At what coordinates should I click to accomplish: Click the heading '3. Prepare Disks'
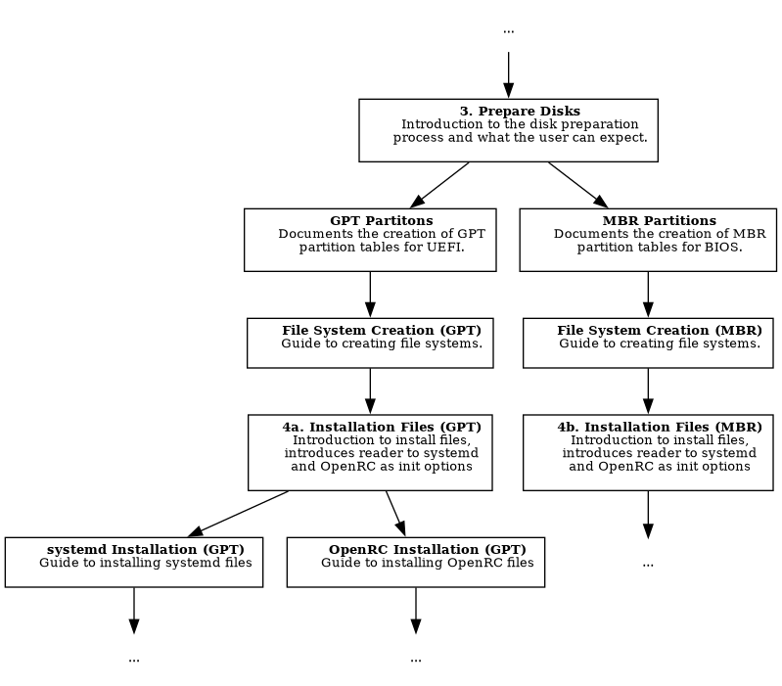point(520,112)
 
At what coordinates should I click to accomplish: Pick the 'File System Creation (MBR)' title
point(660,331)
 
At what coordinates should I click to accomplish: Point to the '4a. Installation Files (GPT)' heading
point(382,428)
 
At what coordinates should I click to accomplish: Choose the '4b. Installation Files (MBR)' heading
point(660,428)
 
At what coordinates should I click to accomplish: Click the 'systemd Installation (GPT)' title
point(146,550)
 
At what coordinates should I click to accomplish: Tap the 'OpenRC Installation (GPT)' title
point(427,550)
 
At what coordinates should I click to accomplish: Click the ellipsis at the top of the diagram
point(508,30)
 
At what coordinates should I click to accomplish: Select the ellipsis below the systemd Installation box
point(134,659)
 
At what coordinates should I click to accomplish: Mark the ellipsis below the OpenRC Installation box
point(416,659)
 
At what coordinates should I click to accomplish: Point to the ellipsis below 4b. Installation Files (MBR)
point(648,563)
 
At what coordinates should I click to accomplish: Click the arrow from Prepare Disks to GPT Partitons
point(440,185)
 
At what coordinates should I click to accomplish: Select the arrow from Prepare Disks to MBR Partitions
point(577,185)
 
